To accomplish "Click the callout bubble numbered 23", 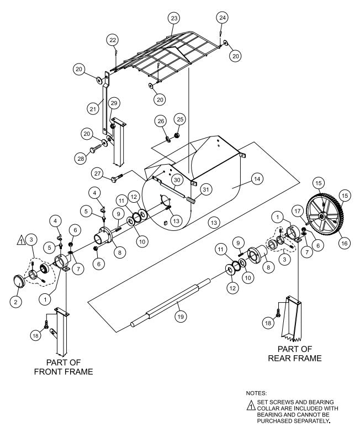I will tap(174, 18).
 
